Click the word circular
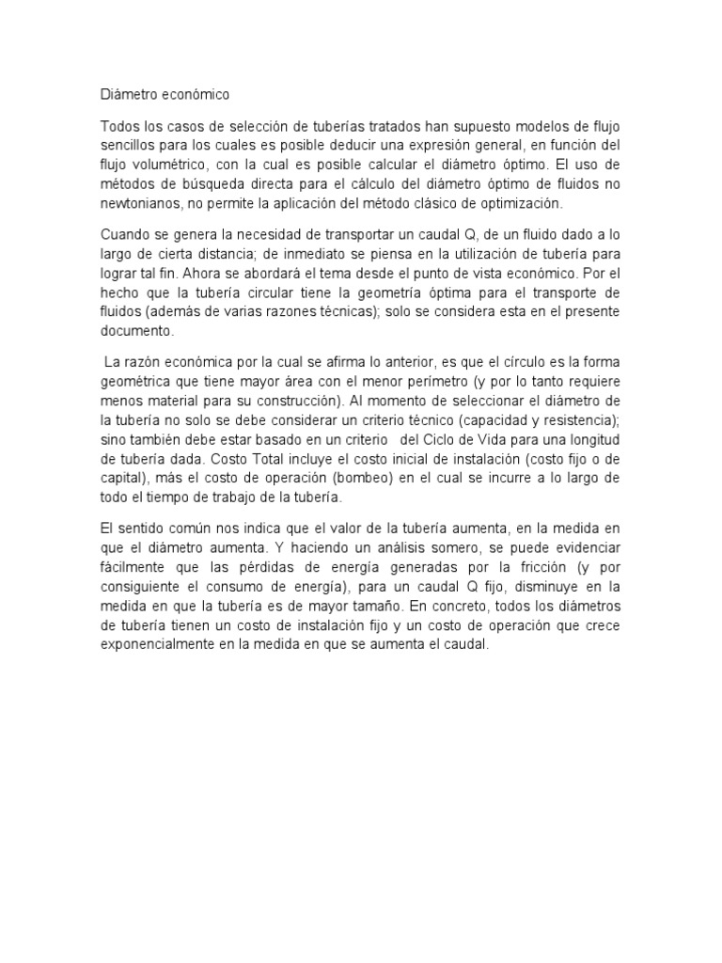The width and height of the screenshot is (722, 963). pyautogui.click(x=279, y=292)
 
